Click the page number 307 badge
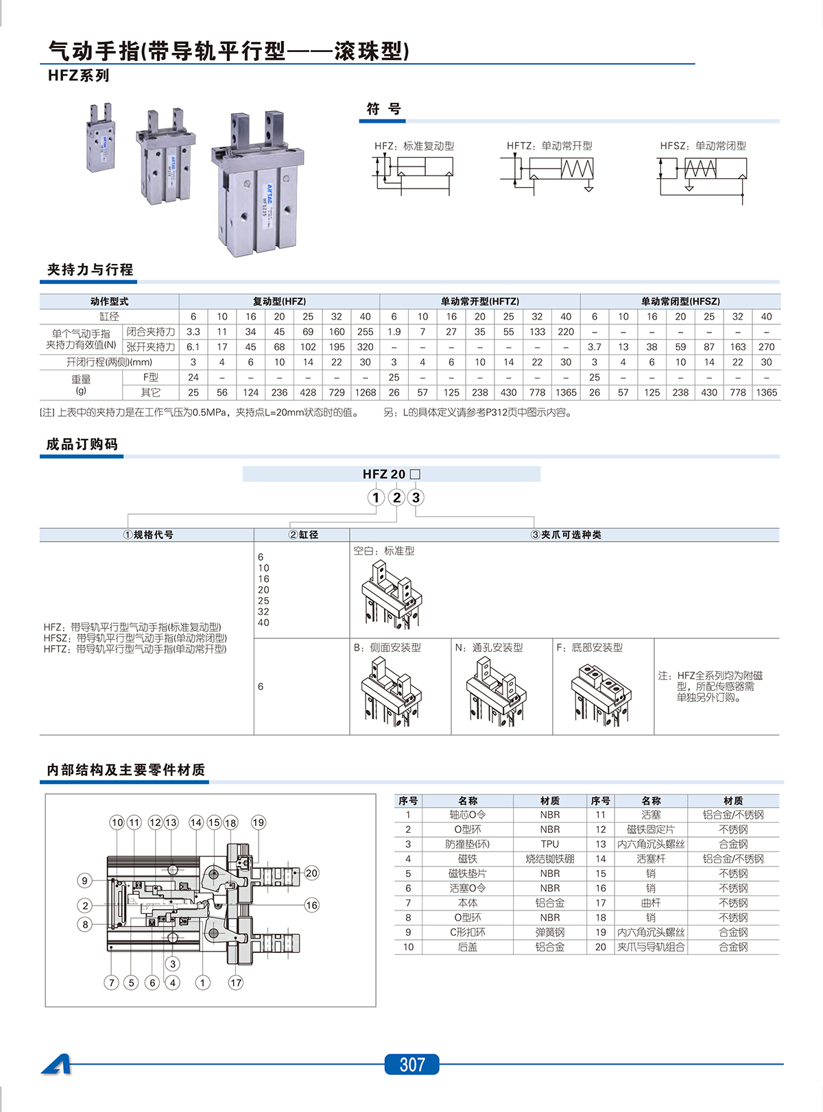411,1064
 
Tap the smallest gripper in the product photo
101,139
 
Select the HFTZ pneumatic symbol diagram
549,171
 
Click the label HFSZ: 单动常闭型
703,146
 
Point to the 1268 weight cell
366,392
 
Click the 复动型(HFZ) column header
279,301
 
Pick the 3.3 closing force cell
193,332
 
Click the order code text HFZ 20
384,474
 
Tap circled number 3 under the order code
416,498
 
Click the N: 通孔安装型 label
489,647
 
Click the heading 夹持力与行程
90,269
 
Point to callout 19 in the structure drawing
258,822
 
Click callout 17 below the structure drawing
236,982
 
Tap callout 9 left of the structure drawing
85,880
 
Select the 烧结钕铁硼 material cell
549,859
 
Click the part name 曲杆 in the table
651,903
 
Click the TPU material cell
549,844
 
